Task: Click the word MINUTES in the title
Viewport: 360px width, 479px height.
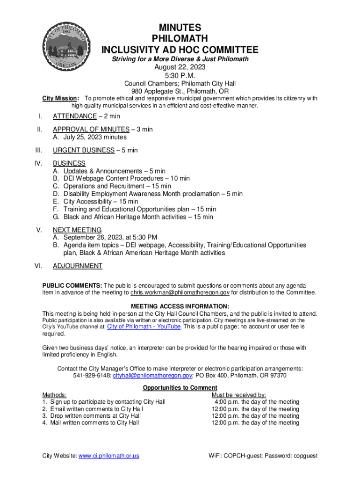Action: [180, 28]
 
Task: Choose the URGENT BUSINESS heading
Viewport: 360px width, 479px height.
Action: [83, 150]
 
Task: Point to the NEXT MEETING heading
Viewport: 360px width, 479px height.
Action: [77, 230]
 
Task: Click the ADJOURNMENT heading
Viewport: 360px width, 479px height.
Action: [78, 266]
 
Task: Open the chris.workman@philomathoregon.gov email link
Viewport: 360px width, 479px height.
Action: [180, 293]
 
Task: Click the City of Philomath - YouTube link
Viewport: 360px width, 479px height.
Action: [144, 327]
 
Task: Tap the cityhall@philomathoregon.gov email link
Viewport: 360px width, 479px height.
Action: [152, 376]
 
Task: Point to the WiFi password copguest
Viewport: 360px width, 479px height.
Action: [304, 456]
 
